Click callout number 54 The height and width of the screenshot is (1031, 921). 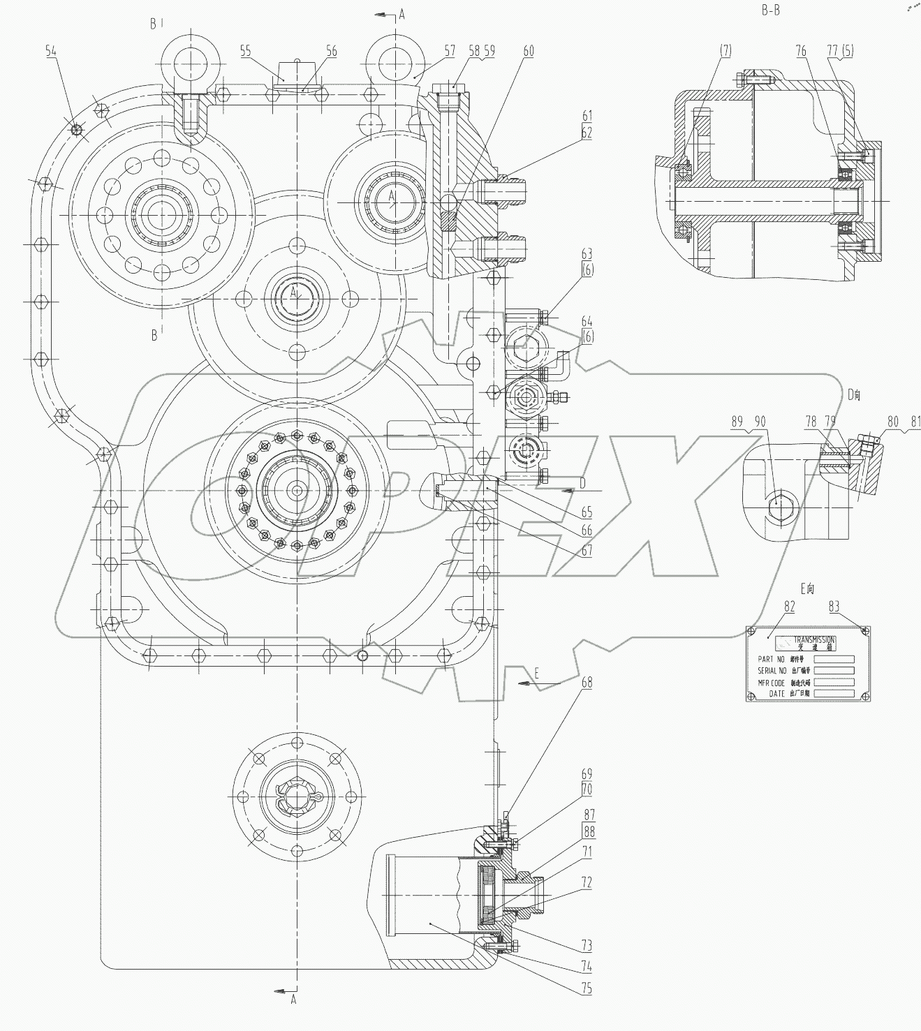point(50,50)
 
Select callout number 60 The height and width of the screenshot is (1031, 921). point(529,50)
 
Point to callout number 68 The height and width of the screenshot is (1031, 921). point(587,682)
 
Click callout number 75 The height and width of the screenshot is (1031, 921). point(587,988)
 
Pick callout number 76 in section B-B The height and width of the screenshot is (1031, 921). point(801,50)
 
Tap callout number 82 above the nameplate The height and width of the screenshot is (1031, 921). point(789,607)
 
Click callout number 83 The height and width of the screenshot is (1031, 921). point(834,607)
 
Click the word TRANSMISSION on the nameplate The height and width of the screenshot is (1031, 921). point(813,639)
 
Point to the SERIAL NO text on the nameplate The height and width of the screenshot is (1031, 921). point(772,671)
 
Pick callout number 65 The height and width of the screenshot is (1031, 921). point(587,512)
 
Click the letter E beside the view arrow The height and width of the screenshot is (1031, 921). point(536,673)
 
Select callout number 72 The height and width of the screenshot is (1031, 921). point(587,882)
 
